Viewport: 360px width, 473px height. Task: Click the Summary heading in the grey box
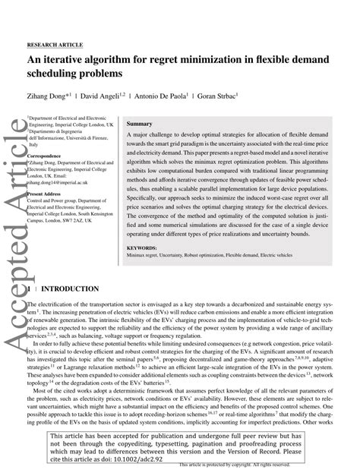coord(140,123)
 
